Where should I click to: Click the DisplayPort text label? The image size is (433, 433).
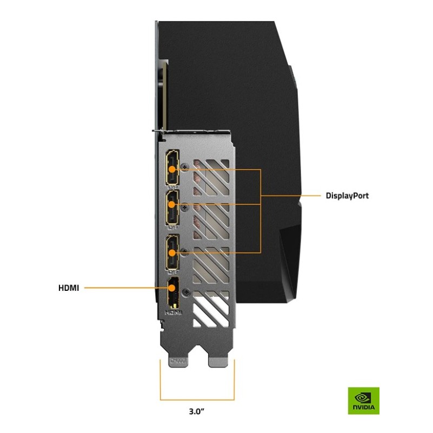tap(347, 196)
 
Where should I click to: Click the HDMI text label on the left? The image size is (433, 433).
tap(69, 288)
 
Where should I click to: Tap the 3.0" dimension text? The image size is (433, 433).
tap(197, 411)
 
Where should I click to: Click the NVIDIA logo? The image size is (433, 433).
tap(363, 401)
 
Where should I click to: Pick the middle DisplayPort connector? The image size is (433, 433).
tap(172, 206)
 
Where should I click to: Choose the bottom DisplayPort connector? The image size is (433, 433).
tap(172, 253)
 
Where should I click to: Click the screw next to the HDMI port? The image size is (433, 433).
tap(187, 292)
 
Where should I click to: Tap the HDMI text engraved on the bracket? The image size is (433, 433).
tap(172, 312)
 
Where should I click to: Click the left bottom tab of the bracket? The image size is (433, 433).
tap(179, 360)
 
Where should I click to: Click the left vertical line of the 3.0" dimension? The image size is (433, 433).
tap(161, 378)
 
